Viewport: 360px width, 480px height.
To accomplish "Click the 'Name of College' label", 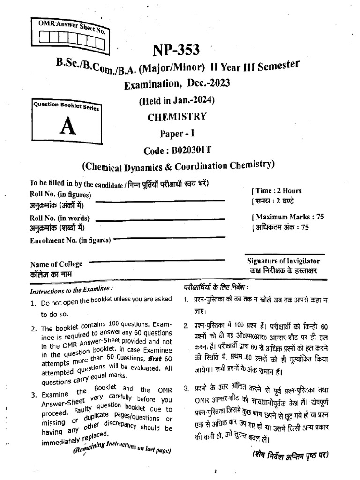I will [x=56, y=264].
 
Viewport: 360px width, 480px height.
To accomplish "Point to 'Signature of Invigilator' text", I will [x=284, y=261].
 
